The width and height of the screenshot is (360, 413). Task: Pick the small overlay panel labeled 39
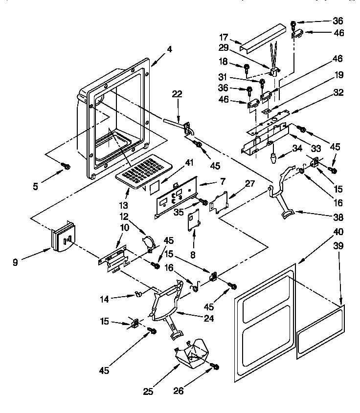(x=320, y=332)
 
